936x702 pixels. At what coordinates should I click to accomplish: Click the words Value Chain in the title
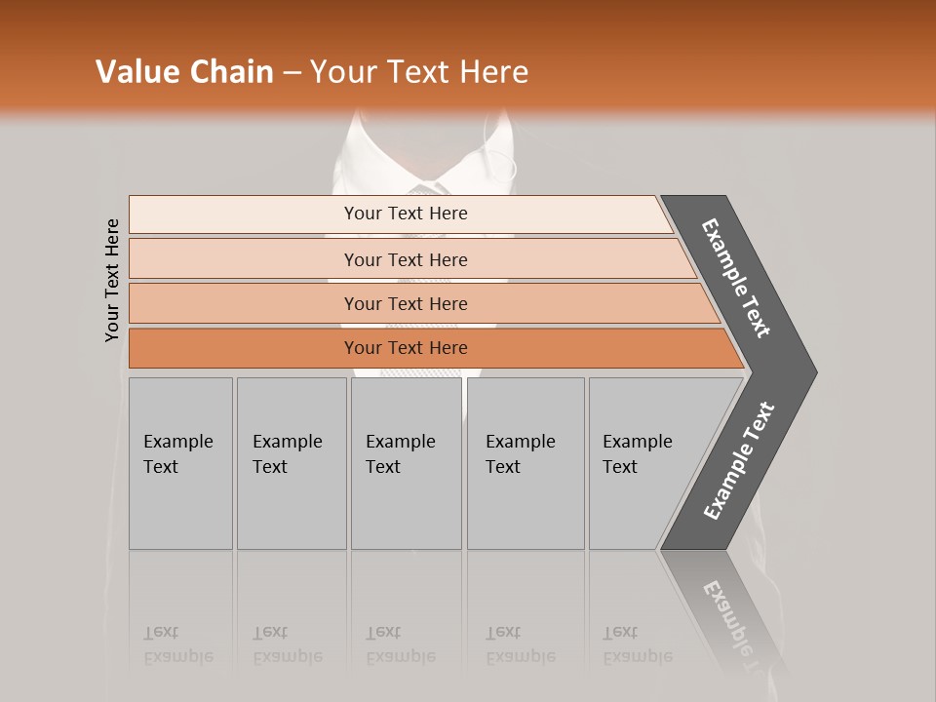click(184, 72)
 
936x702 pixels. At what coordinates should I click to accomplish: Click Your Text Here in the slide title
click(419, 72)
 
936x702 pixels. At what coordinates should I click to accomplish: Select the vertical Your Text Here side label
click(113, 280)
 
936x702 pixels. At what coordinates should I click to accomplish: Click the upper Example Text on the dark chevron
click(736, 278)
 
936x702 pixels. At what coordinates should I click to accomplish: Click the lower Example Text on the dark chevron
click(739, 461)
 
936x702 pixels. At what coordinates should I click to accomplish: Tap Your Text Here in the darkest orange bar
click(406, 348)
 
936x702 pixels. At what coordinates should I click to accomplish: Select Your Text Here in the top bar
click(406, 214)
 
